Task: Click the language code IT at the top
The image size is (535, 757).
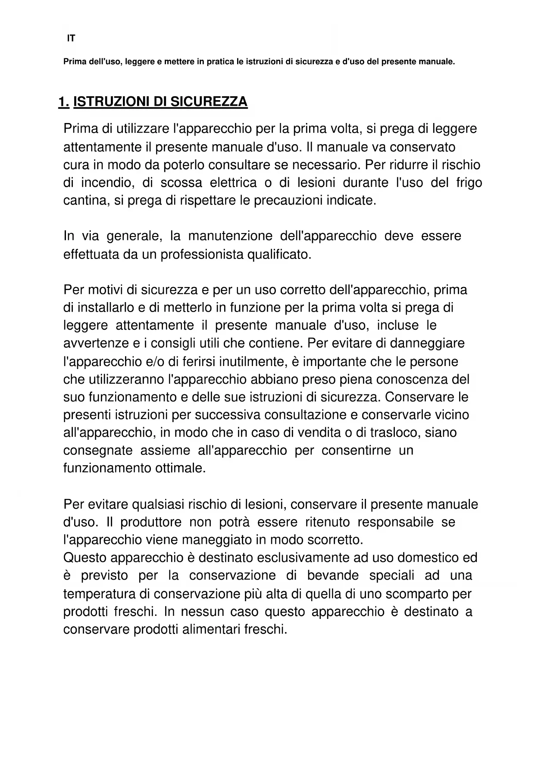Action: coord(71,38)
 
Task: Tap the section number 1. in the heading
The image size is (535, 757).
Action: coord(64,102)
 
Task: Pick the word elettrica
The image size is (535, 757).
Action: coord(233,183)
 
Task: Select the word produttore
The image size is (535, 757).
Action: coord(151,522)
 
